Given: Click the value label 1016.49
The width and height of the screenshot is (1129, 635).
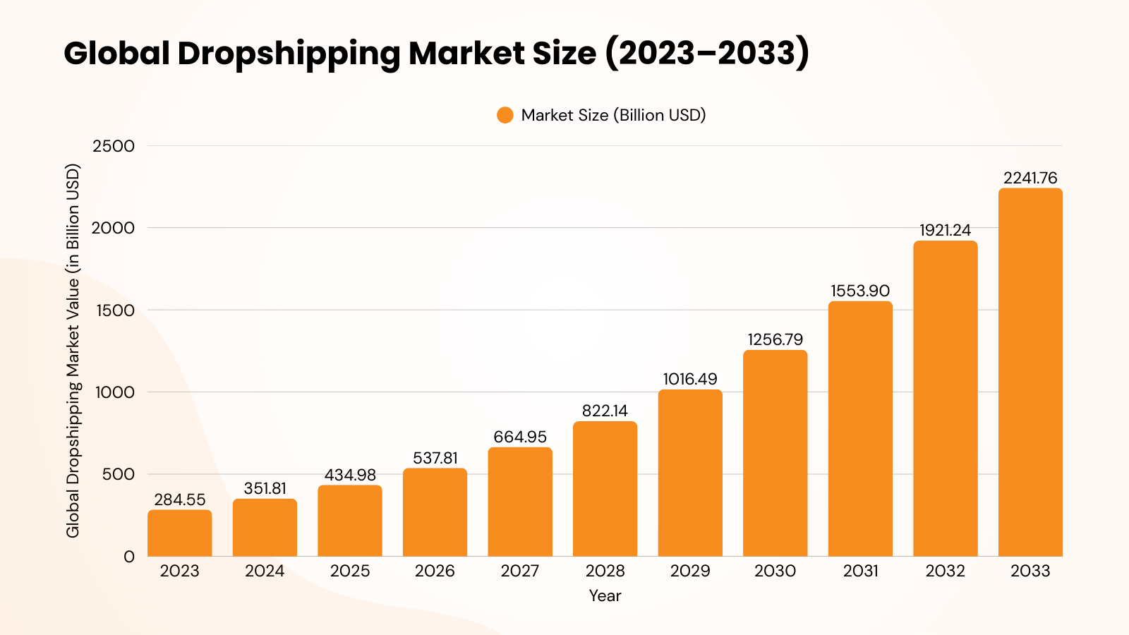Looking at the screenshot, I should (x=690, y=379).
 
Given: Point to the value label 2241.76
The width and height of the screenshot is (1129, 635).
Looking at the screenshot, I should (x=1030, y=178).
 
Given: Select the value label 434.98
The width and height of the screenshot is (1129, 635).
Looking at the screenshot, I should (x=350, y=475).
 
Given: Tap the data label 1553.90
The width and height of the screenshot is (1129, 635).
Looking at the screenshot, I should (x=860, y=291).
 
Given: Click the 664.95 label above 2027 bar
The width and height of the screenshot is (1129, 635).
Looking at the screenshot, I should (x=520, y=437).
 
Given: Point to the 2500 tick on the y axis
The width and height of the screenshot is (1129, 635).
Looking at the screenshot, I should (x=113, y=146).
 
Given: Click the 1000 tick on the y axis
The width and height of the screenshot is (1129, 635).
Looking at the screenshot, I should (x=114, y=392).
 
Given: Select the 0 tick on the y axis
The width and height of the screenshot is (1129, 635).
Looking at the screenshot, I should (x=128, y=557).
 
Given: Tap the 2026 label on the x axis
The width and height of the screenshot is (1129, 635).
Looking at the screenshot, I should (x=435, y=571).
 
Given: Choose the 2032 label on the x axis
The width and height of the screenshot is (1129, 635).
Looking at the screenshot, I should (x=945, y=571).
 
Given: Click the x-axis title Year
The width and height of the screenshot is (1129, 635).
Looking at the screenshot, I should (x=605, y=595).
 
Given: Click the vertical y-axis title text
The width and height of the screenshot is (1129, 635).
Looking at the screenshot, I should (x=73, y=351).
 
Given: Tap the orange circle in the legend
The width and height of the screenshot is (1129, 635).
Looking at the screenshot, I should (x=505, y=115).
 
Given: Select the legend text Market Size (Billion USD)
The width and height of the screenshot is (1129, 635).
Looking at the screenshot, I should (x=613, y=115).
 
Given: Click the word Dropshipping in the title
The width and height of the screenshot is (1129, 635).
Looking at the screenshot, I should (x=289, y=54).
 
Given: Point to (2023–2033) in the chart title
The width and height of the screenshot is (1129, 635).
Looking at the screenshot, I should (x=707, y=54).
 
